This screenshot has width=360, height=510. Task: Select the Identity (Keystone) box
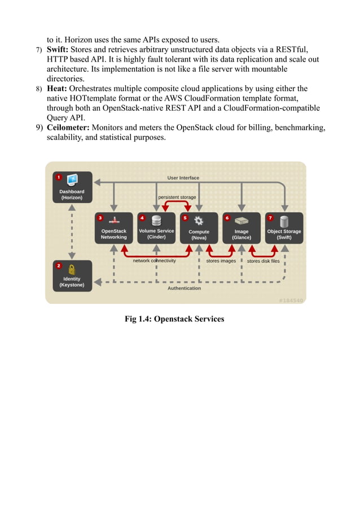pyautogui.click(x=72, y=276)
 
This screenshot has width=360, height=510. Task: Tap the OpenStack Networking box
pyautogui.click(x=114, y=228)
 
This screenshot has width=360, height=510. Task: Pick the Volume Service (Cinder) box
pyautogui.click(x=156, y=228)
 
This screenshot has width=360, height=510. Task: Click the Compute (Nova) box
pyautogui.click(x=199, y=228)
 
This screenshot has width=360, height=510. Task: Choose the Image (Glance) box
pyautogui.click(x=242, y=228)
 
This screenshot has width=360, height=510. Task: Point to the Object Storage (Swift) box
pyautogui.click(x=284, y=228)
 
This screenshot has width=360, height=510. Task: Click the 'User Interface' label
pyautogui.click(x=183, y=178)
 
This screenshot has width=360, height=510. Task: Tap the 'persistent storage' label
pyautogui.click(x=177, y=197)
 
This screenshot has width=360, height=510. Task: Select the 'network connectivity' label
pyautogui.click(x=154, y=261)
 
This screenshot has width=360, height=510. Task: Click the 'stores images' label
pyautogui.click(x=221, y=261)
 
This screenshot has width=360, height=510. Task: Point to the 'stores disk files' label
pyautogui.click(x=263, y=261)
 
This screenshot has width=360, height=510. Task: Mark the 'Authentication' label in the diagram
pyautogui.click(x=184, y=288)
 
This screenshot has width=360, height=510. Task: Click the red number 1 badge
pyautogui.click(x=58, y=177)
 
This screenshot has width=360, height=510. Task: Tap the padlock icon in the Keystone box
pyautogui.click(x=72, y=269)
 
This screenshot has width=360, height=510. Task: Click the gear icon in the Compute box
pyautogui.click(x=199, y=221)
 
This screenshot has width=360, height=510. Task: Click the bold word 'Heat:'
pyautogui.click(x=57, y=89)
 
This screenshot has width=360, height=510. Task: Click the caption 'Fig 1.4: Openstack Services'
pyautogui.click(x=174, y=319)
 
